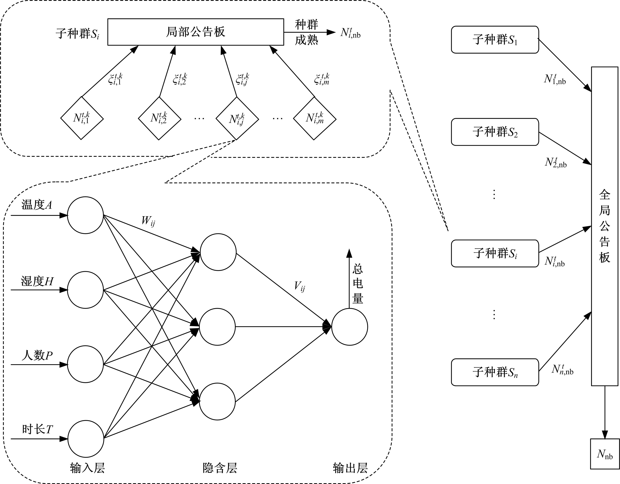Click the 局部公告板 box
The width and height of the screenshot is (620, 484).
tap(196, 32)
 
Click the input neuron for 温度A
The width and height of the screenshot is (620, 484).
tap(85, 215)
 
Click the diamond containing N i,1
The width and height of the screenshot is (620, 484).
tap(82, 118)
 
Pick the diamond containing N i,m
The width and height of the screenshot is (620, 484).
tap(314, 118)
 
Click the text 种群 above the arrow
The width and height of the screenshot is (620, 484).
tap(306, 25)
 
